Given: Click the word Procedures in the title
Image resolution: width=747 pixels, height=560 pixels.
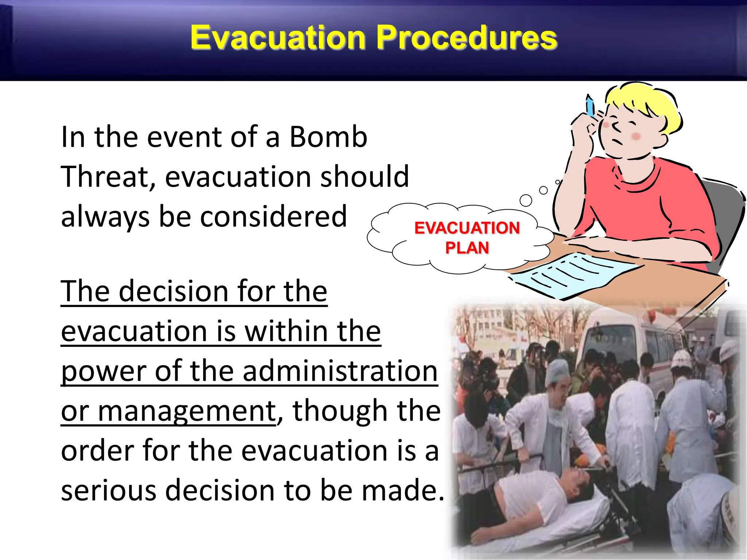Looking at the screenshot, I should click(x=467, y=38).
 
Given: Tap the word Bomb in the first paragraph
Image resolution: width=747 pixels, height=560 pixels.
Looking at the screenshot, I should click(x=328, y=137).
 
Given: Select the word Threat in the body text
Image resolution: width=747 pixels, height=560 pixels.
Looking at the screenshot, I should click(x=108, y=177).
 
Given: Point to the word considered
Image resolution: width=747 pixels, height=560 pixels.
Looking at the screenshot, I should click(x=273, y=217).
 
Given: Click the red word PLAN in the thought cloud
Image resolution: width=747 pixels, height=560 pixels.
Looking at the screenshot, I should click(x=467, y=248).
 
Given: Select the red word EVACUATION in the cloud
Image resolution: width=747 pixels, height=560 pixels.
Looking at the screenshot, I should click(x=467, y=228).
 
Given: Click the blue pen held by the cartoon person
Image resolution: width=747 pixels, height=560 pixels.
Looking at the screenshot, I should click(x=590, y=106).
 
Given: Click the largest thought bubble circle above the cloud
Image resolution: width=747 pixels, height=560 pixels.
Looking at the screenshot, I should click(x=526, y=200).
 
